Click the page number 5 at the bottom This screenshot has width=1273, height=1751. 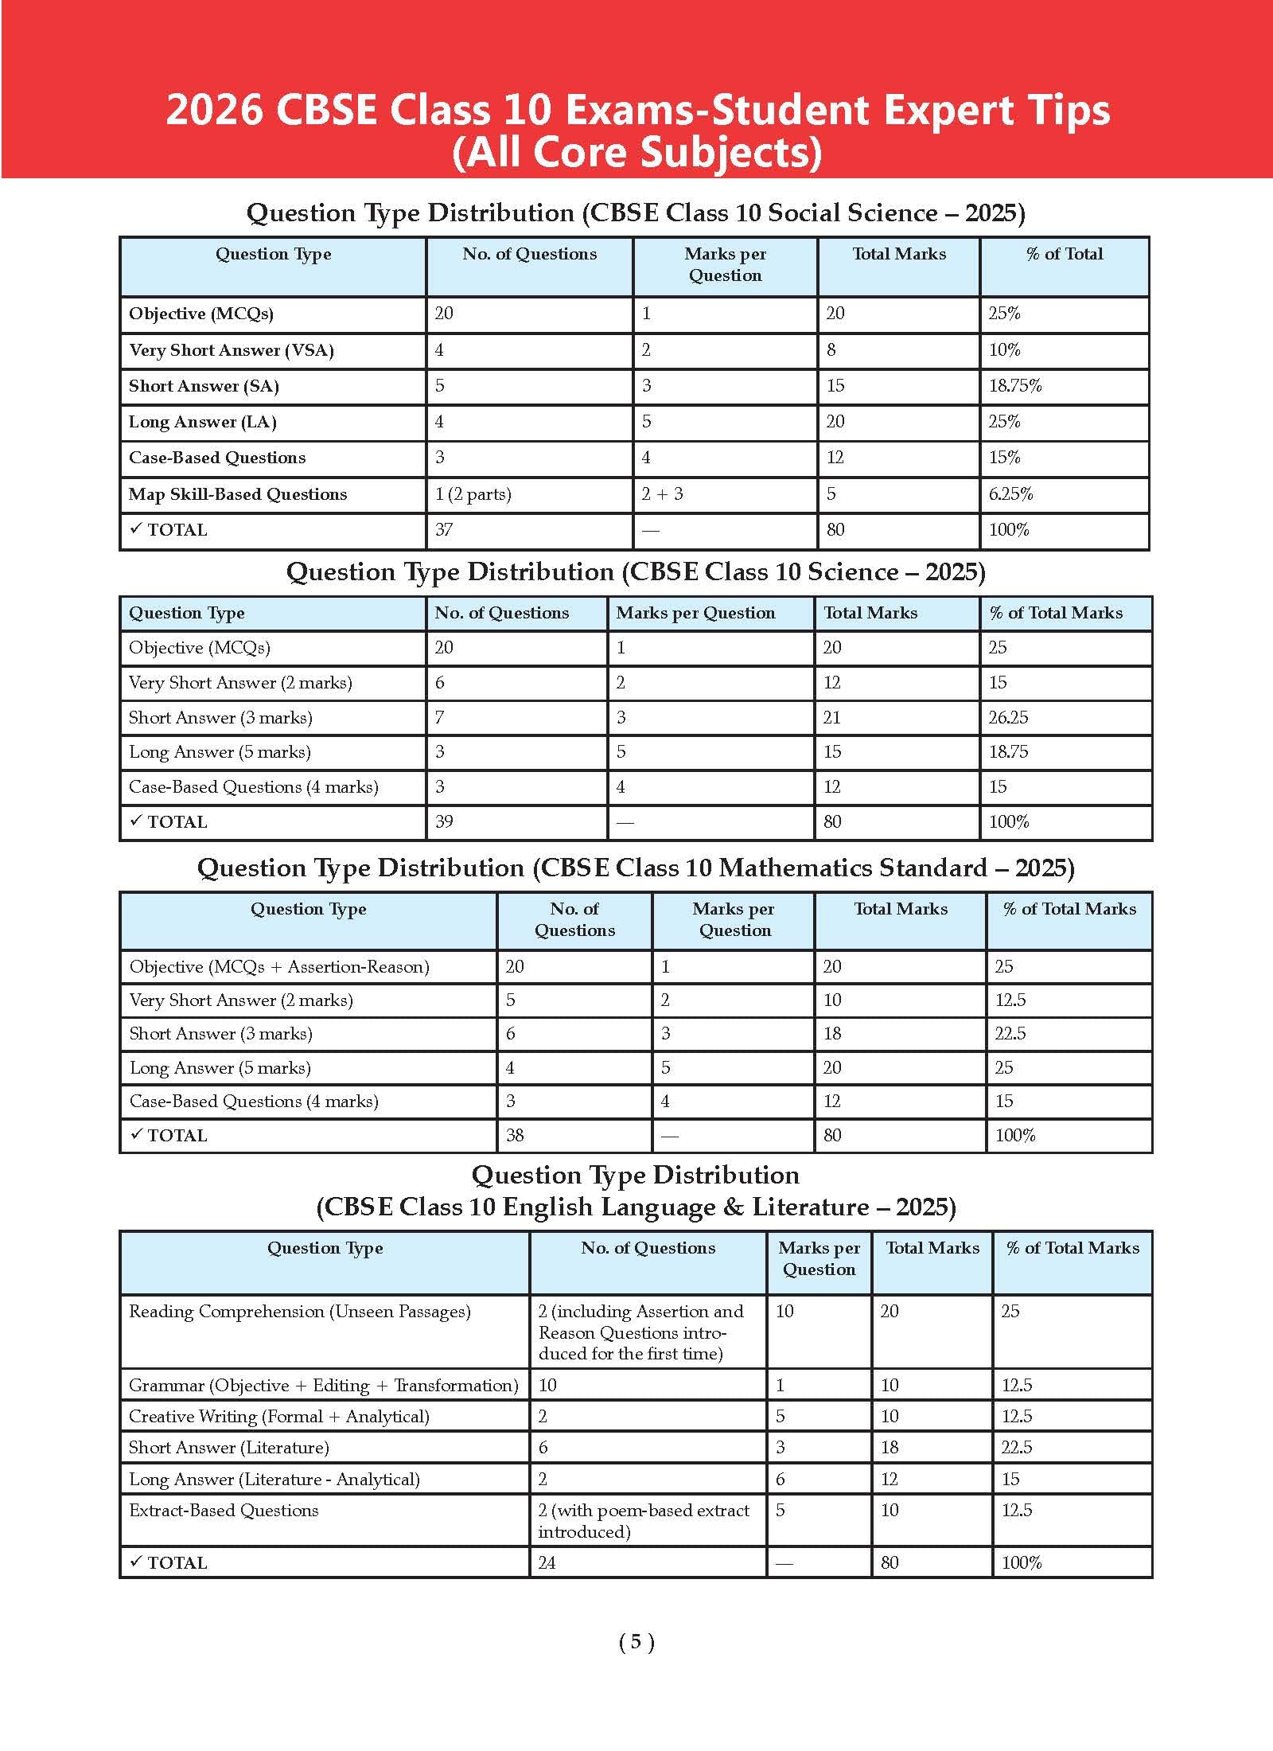point(636,1642)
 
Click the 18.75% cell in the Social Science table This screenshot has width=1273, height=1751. point(1015,386)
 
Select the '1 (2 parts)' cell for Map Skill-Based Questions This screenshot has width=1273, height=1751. point(473,494)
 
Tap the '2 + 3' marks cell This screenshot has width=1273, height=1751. point(663,494)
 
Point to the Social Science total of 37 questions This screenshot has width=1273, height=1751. point(444,530)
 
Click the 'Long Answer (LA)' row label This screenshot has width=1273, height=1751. point(203,423)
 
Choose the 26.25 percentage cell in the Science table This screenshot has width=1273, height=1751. point(1009,718)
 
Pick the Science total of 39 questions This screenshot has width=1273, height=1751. point(444,822)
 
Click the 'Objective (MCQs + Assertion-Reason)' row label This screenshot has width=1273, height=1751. point(279,967)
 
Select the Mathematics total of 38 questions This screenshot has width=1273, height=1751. point(515,1136)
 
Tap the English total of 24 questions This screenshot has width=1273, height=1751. point(547,1563)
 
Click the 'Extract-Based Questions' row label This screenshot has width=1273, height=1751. point(224,1511)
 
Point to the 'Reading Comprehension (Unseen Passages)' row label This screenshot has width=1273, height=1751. point(300,1312)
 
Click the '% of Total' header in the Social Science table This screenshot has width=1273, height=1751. point(1065,255)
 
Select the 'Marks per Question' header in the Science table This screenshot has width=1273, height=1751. point(695,614)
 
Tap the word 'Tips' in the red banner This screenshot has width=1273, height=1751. point(1066,110)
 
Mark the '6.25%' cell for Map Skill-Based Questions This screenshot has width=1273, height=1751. point(1011,494)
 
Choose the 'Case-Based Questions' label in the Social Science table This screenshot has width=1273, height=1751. point(217,458)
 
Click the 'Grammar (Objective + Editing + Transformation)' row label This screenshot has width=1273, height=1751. point(324,1386)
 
